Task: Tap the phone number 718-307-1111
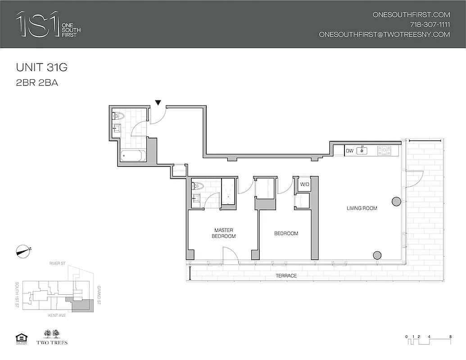430,24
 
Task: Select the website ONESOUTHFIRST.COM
411,14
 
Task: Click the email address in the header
384,34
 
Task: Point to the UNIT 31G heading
41,68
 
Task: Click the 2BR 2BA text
37,83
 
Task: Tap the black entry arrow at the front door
158,103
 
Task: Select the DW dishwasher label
349,151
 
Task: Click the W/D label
304,184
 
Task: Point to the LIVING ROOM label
362,208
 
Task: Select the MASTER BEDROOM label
224,233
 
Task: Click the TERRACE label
286,275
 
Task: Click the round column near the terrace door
396,202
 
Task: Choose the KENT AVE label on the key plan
57,316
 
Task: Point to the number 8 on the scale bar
450,337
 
